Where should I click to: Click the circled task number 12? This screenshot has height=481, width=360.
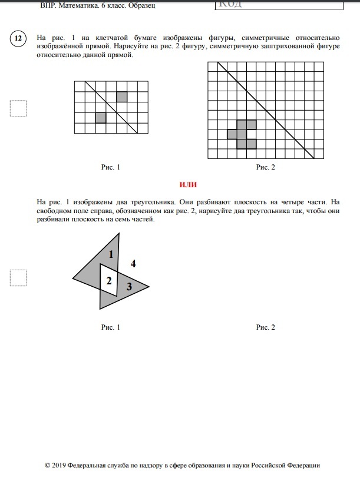18,39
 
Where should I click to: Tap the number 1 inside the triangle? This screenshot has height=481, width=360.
111,254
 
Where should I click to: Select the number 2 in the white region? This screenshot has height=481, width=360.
108,281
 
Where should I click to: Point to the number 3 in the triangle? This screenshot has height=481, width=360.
129,287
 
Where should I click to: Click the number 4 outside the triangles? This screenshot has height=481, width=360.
133,264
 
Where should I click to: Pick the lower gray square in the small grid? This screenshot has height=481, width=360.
101,118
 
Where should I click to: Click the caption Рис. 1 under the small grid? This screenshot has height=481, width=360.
110,167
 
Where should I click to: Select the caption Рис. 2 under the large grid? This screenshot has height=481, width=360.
265,167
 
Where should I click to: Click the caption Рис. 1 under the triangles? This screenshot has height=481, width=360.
110,327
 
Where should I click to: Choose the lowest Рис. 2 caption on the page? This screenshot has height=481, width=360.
265,327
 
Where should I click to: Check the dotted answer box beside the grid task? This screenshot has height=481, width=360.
18,109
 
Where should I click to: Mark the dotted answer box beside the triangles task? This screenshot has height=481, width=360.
18,277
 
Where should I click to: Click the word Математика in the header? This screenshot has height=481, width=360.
80,5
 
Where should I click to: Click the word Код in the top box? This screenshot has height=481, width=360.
231,4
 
